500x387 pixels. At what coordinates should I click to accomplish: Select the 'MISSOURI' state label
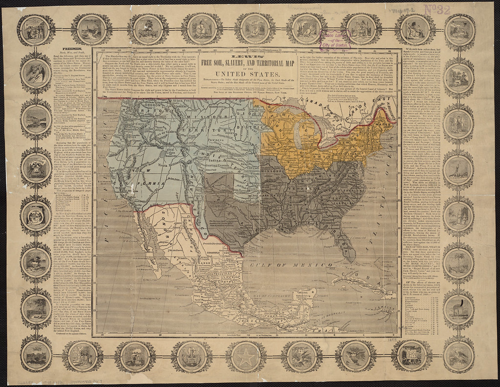click(273, 173)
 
